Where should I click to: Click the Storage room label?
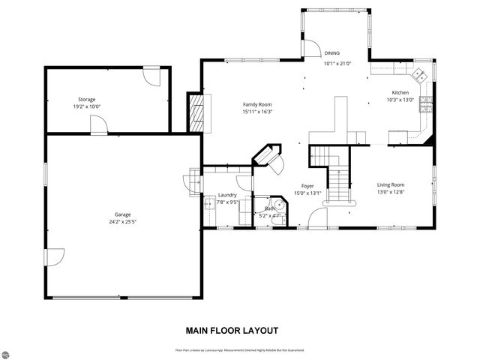pos(87,99)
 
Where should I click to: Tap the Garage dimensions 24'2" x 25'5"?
pos(122,221)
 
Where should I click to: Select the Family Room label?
pos(256,104)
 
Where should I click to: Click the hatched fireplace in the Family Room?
pos(196,112)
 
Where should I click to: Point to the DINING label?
pos(331,53)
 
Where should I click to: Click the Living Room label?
pos(390,184)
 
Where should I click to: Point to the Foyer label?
pos(307,185)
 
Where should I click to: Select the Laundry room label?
pos(227,195)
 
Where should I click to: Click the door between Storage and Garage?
pos(97,127)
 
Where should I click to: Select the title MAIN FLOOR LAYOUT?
pos(232,330)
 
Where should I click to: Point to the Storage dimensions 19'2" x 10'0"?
pos(87,106)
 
